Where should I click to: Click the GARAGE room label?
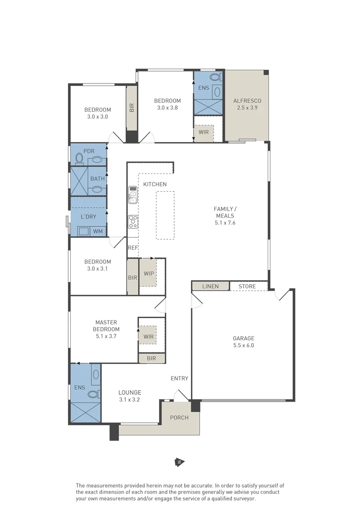point(243,338)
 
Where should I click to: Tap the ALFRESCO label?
point(247,101)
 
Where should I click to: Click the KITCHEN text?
point(155,184)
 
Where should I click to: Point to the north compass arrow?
point(180,462)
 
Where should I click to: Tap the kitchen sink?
point(133,194)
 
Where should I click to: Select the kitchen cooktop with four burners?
point(133,221)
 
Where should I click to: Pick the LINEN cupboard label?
point(210,287)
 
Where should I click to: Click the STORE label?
point(247,287)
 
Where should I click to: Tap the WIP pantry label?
point(148,273)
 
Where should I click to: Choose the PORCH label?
point(179,418)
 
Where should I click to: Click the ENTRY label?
point(180,378)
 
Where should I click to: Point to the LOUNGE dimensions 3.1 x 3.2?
point(130,399)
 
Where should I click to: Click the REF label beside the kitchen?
point(132,247)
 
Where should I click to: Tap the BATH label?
point(98,179)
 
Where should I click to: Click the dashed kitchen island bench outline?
point(165,215)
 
